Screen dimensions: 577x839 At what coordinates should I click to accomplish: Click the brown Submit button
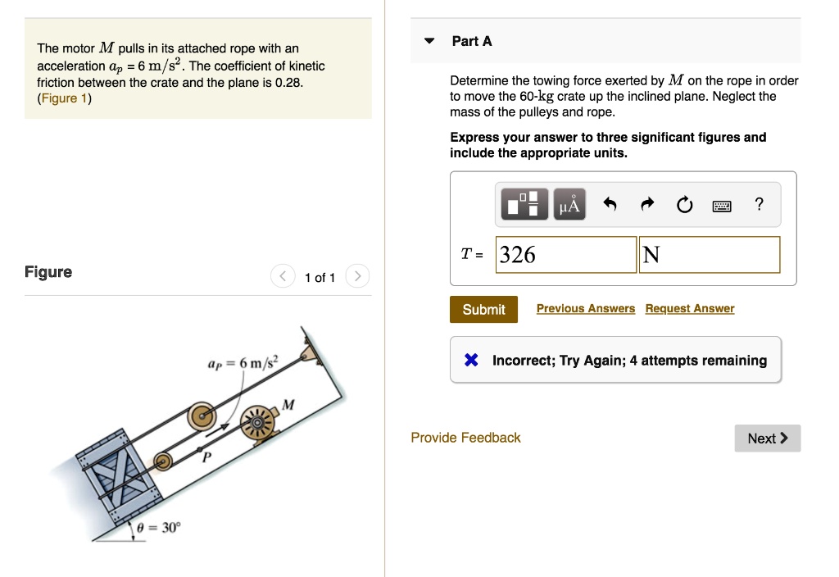tap(483, 309)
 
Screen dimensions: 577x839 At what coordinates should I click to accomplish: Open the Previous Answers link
tap(585, 308)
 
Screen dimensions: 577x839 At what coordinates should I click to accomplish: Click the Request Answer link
tap(689, 308)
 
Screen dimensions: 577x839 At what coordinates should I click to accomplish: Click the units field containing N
tap(710, 255)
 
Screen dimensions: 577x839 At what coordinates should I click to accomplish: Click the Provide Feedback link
tap(465, 438)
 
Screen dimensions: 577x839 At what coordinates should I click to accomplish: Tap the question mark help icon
tap(759, 205)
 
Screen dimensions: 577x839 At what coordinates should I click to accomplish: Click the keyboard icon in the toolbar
tap(721, 206)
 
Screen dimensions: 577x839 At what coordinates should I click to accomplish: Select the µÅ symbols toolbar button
tap(569, 205)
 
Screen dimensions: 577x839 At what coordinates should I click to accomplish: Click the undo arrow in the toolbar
tap(609, 205)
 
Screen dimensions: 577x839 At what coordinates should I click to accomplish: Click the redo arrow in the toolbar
tap(646, 205)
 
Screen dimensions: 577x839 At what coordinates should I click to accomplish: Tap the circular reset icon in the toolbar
tap(684, 205)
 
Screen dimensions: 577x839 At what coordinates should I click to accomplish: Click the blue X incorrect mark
tap(471, 361)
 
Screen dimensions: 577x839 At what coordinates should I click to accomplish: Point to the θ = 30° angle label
tap(157, 528)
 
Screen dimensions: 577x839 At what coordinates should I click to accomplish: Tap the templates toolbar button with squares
tap(524, 205)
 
